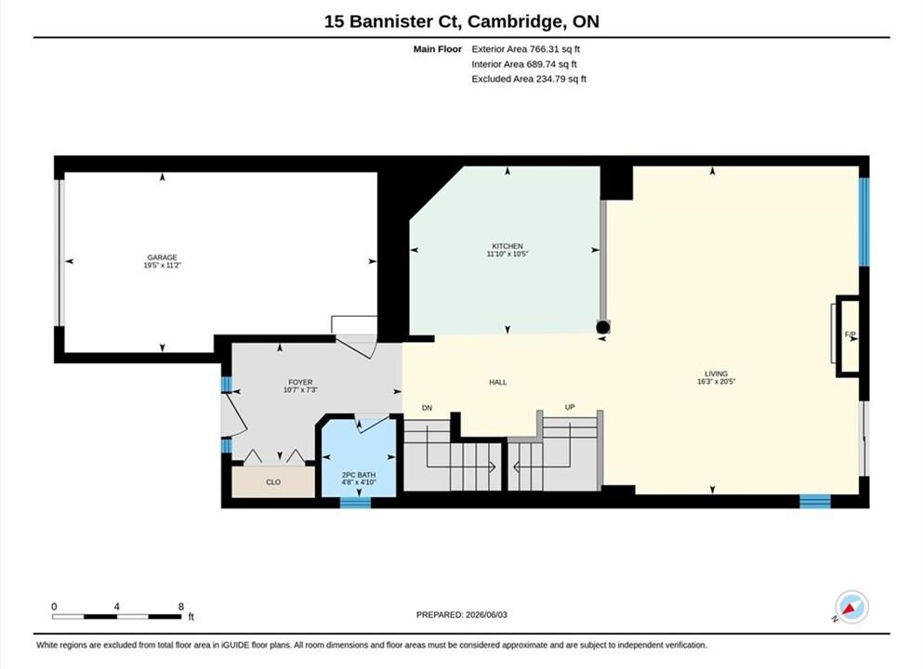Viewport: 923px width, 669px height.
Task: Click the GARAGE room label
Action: [x=162, y=257]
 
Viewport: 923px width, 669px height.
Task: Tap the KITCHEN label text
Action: [x=508, y=246]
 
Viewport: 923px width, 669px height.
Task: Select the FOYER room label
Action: [x=300, y=382]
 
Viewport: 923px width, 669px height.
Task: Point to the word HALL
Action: [x=498, y=383]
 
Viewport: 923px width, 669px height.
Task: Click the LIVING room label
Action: [x=717, y=374]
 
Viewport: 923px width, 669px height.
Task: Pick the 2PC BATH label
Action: [x=359, y=475]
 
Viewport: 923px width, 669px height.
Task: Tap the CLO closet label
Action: [x=273, y=482]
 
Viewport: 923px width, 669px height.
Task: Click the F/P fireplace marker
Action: [x=850, y=334]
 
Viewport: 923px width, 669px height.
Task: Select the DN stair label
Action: [x=428, y=408]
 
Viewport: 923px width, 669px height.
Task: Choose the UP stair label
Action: [x=570, y=407]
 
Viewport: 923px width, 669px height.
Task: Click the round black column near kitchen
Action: [x=602, y=327]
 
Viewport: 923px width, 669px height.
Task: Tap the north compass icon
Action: [x=851, y=607]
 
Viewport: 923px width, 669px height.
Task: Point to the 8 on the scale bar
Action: [x=180, y=607]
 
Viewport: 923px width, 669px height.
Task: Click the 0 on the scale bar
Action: [x=54, y=607]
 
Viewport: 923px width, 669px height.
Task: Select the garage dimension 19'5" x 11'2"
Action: [x=162, y=266]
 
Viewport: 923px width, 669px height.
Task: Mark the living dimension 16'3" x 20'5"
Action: [x=717, y=381]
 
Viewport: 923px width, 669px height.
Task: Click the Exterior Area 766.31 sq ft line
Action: [x=526, y=49]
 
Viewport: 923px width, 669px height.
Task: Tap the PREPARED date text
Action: [x=461, y=615]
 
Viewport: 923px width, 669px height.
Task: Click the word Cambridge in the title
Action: [x=514, y=21]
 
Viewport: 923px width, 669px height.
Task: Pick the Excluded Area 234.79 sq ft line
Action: [x=529, y=79]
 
